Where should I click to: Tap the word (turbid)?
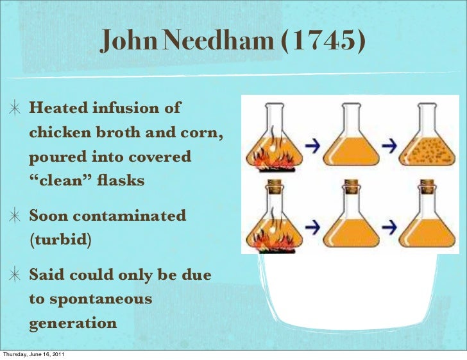point(60,240)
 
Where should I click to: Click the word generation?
point(72,323)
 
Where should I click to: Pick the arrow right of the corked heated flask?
point(312,226)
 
